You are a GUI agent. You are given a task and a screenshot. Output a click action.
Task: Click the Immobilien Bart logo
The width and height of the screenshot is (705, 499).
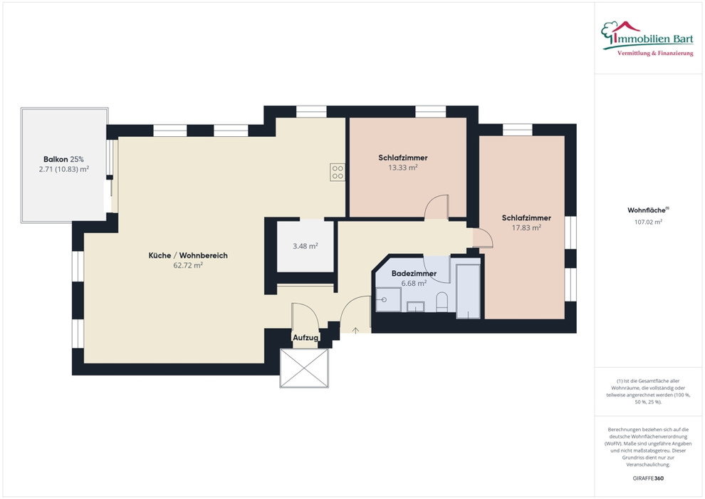647,38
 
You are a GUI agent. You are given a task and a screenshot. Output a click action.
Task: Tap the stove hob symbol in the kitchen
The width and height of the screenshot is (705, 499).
338,173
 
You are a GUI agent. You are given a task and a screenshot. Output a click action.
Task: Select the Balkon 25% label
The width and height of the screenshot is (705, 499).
63,159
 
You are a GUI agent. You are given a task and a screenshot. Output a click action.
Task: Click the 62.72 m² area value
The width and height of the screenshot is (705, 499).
188,265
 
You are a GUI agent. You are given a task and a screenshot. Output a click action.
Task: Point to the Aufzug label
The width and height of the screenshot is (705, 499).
305,337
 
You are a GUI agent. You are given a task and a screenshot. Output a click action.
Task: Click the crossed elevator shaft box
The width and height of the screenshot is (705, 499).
304,368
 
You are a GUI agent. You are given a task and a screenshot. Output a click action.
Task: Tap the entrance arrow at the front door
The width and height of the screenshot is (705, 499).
355,331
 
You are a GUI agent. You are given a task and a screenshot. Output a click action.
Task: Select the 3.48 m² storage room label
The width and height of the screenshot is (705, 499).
305,246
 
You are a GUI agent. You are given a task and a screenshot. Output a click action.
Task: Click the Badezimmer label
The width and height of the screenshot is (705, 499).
414,274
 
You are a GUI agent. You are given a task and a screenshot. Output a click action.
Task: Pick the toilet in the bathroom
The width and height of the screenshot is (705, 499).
442,302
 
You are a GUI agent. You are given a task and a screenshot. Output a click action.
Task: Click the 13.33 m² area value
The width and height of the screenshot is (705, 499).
403,168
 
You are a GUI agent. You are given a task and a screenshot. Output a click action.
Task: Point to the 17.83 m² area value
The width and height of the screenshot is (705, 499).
526,228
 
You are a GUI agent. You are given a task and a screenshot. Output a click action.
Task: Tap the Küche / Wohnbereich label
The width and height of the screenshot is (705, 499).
188,256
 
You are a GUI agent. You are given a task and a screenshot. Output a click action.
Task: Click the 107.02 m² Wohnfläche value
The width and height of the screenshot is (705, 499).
648,222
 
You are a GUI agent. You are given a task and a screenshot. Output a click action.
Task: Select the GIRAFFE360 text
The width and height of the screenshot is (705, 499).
648,478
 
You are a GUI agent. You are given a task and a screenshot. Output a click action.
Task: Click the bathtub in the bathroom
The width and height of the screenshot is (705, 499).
469,291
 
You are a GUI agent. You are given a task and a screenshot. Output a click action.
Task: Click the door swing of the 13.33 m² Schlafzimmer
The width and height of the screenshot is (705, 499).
437,207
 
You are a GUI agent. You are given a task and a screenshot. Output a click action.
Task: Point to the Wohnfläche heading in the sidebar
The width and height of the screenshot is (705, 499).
648,210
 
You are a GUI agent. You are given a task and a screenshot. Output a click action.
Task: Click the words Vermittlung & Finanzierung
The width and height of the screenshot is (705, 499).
655,53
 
